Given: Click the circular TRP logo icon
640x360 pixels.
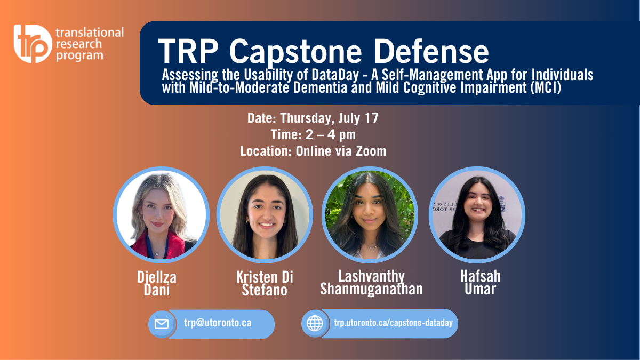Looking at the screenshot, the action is (33, 44).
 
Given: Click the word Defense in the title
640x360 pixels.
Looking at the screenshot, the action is (431, 51).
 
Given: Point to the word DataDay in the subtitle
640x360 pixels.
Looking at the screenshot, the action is (335, 75).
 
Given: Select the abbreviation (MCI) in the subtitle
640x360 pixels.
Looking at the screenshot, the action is (546, 87).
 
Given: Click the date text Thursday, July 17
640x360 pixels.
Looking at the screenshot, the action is (329, 118).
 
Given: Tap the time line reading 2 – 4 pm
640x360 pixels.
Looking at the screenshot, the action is (331, 134).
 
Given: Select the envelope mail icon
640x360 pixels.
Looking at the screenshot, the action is (162, 324).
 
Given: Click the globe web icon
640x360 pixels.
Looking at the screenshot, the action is (315, 323).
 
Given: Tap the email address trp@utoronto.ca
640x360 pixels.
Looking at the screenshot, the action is (218, 323).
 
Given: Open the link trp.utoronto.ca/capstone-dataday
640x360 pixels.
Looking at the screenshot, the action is (394, 323).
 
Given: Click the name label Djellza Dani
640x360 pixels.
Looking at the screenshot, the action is (157, 283).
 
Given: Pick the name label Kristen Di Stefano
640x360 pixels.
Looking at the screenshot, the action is (265, 283).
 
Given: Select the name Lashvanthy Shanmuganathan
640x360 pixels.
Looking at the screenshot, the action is (371, 282).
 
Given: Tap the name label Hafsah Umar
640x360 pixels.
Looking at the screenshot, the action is (481, 282).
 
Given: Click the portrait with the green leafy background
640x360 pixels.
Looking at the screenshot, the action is (370, 215).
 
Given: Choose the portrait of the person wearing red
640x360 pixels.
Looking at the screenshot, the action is (161, 215).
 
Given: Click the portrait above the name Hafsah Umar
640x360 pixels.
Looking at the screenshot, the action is (477, 215).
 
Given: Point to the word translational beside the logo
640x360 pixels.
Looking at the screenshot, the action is (90, 33).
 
